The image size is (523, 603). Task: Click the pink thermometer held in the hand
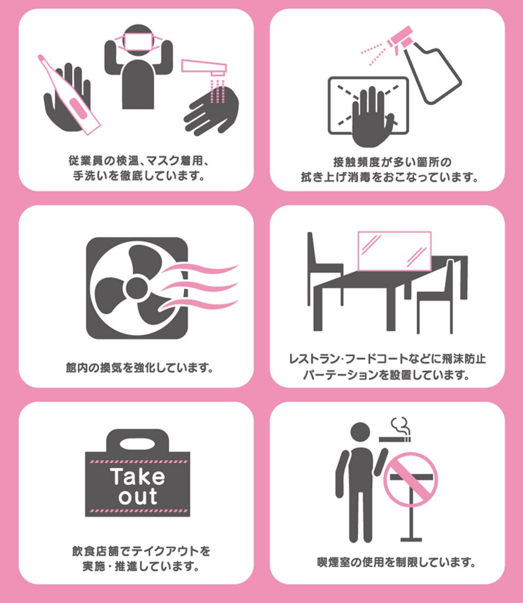(70, 95)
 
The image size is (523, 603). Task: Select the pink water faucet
(204, 67)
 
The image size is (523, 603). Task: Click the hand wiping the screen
(371, 117)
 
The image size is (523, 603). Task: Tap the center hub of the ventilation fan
(137, 287)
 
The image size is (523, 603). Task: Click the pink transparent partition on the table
(394, 251)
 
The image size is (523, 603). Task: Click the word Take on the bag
(137, 477)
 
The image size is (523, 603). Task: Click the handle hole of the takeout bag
(137, 444)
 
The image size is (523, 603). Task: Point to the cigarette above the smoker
(395, 439)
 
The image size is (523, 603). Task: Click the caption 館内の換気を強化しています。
(140, 368)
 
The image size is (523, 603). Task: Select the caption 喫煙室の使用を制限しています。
(396, 562)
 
